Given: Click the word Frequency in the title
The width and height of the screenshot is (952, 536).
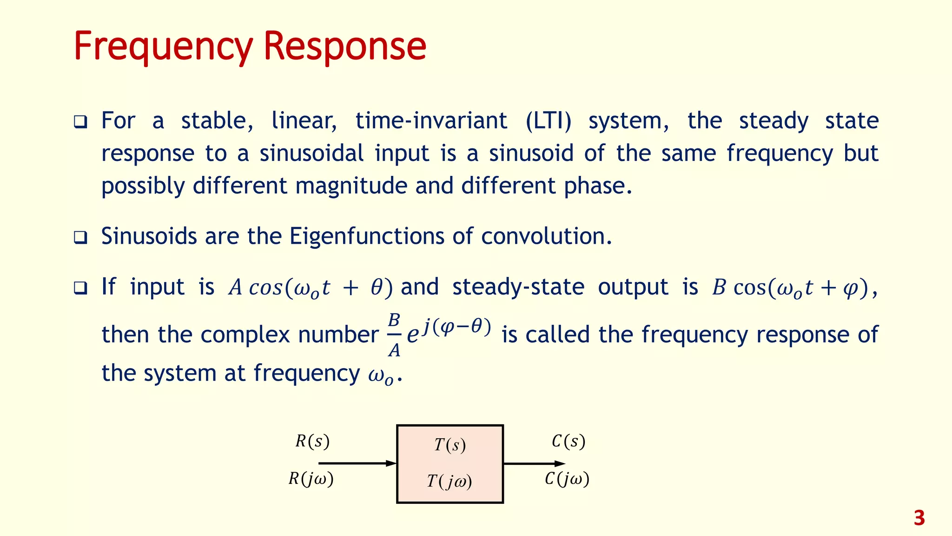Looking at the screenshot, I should coord(163,47).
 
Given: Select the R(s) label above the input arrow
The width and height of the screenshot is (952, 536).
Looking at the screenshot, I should coord(312,441).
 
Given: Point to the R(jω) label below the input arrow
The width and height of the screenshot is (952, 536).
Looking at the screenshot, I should coord(311,479).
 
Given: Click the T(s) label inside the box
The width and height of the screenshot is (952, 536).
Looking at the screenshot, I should coord(450,445).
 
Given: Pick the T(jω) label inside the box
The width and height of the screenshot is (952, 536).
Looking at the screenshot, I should coord(450,482).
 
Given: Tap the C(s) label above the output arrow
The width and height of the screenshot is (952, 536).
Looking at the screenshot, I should coord(568,441).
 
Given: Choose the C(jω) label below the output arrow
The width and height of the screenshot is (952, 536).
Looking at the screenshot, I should coord(567,479).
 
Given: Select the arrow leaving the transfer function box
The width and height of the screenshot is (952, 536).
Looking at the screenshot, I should coord(534,463).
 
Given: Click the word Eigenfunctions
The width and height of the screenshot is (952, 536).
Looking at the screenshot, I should coord(367,236).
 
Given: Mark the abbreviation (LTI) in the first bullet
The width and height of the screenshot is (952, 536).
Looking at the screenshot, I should coord(548,121).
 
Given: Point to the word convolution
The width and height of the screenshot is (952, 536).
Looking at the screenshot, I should coord(546,236).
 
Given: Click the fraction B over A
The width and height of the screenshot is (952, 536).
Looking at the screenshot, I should coord(394,335).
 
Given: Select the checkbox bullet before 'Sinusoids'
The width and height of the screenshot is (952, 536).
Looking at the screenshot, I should coord(80,238).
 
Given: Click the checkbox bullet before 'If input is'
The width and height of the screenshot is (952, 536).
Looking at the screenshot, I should coord(80,288).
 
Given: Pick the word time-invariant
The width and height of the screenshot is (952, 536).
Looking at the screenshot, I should coord(431,121).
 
